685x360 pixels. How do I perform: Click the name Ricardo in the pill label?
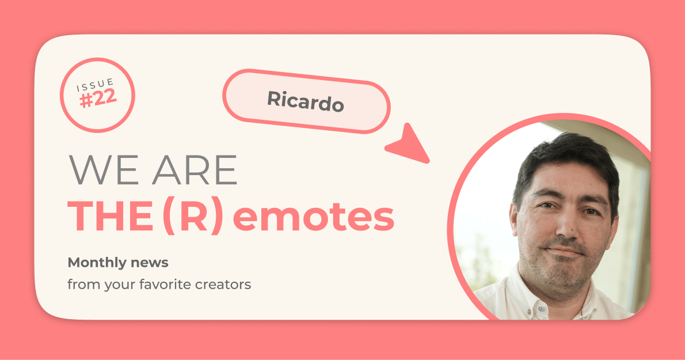[306, 101]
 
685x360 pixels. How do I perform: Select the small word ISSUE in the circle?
[96, 85]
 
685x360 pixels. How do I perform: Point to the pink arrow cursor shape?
[411, 144]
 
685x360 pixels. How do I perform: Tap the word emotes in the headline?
[314, 217]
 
